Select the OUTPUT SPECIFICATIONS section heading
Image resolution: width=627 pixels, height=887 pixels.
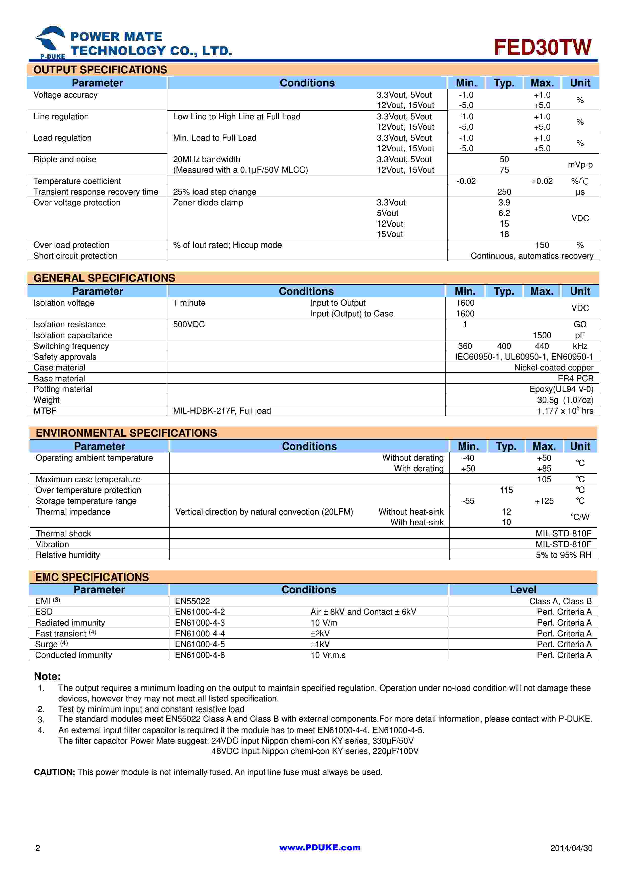(x=100, y=70)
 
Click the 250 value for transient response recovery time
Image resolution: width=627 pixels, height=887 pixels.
(x=504, y=192)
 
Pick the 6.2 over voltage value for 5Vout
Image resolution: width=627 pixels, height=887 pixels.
(x=504, y=213)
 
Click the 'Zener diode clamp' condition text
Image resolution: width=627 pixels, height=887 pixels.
(x=208, y=203)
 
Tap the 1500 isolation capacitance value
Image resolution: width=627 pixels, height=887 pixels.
(x=542, y=335)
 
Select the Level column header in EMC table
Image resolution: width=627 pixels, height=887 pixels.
(x=523, y=590)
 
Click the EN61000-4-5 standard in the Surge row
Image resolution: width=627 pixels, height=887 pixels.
(x=200, y=644)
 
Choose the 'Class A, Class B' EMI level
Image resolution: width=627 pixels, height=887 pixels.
(x=560, y=601)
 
